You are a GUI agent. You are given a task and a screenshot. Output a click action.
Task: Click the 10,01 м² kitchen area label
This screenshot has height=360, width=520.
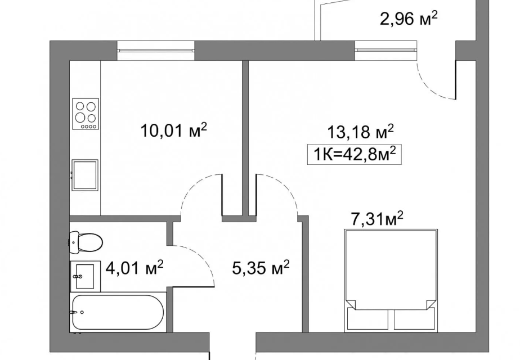coord(174,130)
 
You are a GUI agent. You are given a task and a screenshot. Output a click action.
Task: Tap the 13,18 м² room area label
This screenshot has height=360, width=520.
coord(361,132)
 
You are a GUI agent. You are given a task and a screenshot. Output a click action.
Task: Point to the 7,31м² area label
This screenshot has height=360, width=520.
coord(377,219)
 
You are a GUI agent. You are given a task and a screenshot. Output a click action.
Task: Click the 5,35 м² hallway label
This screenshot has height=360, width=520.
coord(261,268)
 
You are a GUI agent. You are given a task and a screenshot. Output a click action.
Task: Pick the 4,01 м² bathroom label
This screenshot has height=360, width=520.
coord(135,268)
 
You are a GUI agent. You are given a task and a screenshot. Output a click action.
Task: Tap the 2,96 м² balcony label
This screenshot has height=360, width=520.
coord(409,18)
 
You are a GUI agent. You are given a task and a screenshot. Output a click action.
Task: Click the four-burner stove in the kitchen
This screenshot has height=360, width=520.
coord(86,114)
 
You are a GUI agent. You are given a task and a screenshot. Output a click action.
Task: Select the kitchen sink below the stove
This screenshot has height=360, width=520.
coord(85,175)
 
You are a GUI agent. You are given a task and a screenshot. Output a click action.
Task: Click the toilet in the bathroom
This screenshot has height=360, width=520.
coord(86,242)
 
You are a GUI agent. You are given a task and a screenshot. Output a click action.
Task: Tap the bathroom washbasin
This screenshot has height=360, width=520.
coord(85,276)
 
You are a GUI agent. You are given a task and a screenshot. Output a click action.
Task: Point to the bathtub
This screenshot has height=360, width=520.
coord(118,312)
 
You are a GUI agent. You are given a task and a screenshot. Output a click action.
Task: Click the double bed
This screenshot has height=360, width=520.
coord(391,280)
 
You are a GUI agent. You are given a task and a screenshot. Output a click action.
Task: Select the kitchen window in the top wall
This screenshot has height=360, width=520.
coord(156,51)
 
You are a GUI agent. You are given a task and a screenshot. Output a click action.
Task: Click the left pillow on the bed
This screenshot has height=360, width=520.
coord(367,319)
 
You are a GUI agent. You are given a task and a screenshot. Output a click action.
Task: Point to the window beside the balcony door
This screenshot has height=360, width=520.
coord(385,51)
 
